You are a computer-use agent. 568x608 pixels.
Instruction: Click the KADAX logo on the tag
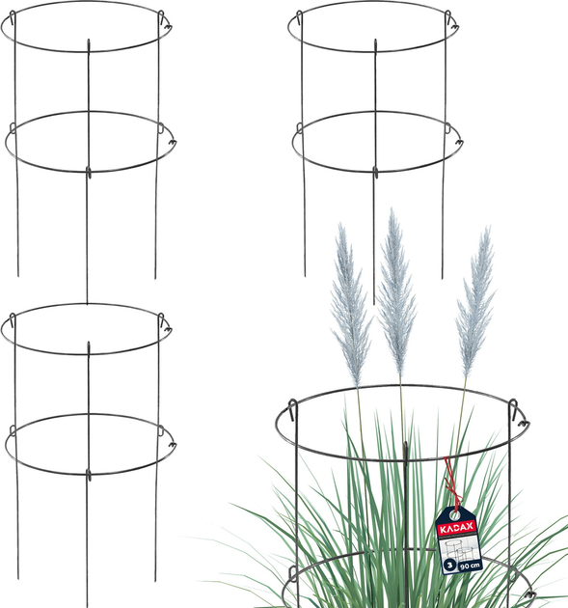(x=456, y=527)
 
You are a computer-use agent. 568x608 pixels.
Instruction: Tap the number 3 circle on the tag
(x=449, y=565)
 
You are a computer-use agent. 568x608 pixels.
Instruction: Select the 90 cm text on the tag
(x=470, y=567)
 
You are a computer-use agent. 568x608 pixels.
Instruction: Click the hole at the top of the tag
(x=454, y=515)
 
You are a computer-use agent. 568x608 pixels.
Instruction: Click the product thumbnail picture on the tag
(x=459, y=548)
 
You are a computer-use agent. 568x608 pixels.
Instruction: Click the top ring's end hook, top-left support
(x=169, y=27)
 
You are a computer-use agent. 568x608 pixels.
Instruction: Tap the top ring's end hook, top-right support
(x=455, y=27)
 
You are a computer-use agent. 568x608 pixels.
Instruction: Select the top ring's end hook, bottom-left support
(x=169, y=330)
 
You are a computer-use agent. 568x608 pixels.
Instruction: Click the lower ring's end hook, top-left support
(x=173, y=142)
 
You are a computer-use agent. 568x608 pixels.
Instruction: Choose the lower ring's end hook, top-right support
(x=458, y=142)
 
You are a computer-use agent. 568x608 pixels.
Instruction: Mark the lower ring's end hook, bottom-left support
(x=173, y=445)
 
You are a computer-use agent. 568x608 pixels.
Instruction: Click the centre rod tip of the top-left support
(x=89, y=40)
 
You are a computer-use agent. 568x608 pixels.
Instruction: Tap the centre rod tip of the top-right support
(x=375, y=40)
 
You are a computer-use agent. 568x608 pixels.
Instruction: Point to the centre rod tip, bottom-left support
(x=89, y=343)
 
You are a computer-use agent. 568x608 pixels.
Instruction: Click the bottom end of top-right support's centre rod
(x=374, y=304)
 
